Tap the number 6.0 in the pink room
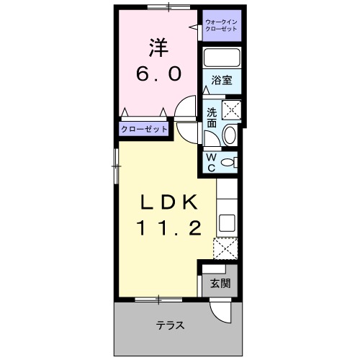coord(160,73)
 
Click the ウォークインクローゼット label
coord(221,26)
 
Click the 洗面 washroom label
coord(212,117)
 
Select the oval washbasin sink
coord(230,134)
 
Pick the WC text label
coord(211,163)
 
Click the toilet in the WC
coord(229,163)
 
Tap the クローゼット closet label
coord(144,129)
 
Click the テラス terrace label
coord(171,325)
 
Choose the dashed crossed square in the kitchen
coord(225,249)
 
